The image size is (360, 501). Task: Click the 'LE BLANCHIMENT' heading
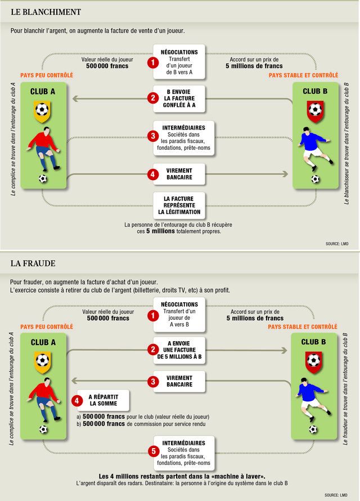(x=46, y=12)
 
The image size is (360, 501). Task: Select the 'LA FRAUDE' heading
(x=33, y=263)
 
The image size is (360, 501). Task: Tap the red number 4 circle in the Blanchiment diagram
(x=152, y=175)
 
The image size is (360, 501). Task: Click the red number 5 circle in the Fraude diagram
(x=152, y=451)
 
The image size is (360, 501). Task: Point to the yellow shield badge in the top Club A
(x=42, y=110)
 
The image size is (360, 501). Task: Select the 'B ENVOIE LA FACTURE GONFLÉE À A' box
(x=179, y=99)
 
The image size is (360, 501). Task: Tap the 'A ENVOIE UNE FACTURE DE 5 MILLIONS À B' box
(x=179, y=350)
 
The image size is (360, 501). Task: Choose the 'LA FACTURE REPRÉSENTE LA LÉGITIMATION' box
(x=179, y=205)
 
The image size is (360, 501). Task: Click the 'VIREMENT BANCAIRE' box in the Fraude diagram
(x=179, y=381)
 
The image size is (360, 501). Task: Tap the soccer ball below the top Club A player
(x=43, y=179)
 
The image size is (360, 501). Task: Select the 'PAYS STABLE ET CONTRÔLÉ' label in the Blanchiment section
(x=303, y=75)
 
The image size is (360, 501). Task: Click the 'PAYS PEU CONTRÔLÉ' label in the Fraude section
(x=47, y=326)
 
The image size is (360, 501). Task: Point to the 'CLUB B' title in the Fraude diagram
(x=313, y=342)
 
